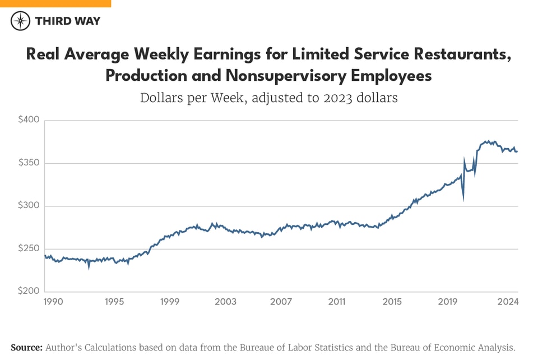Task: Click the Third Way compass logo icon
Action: (21, 21)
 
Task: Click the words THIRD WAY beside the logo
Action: (67, 21)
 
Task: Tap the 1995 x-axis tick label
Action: (114, 302)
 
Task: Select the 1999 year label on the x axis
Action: (170, 302)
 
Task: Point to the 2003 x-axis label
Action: (225, 302)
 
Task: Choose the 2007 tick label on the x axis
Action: (281, 302)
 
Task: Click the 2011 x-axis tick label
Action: (336, 302)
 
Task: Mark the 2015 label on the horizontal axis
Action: (392, 302)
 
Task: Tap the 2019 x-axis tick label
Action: (448, 302)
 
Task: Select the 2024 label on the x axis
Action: (508, 302)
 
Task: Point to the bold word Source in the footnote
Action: (26, 348)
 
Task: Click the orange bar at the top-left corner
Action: (55, 3)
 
